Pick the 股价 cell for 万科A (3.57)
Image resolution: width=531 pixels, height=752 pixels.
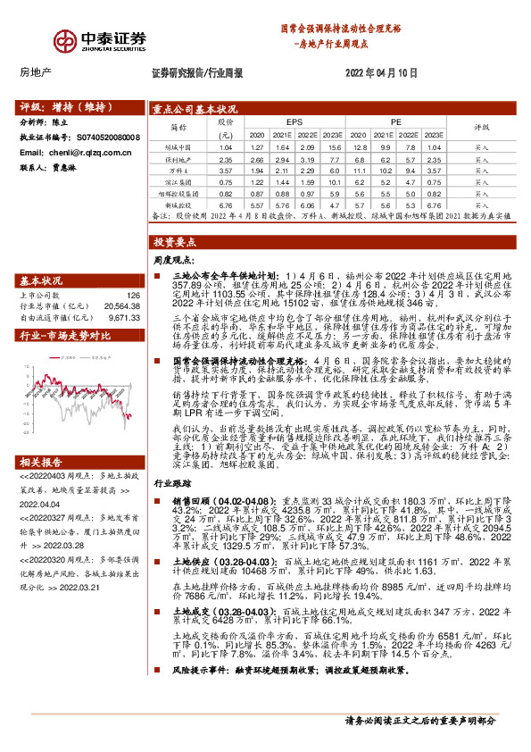tap(226, 169)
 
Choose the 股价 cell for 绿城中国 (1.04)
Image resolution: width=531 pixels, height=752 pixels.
tap(226, 146)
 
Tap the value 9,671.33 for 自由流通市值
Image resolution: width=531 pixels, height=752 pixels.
tap(125, 316)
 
